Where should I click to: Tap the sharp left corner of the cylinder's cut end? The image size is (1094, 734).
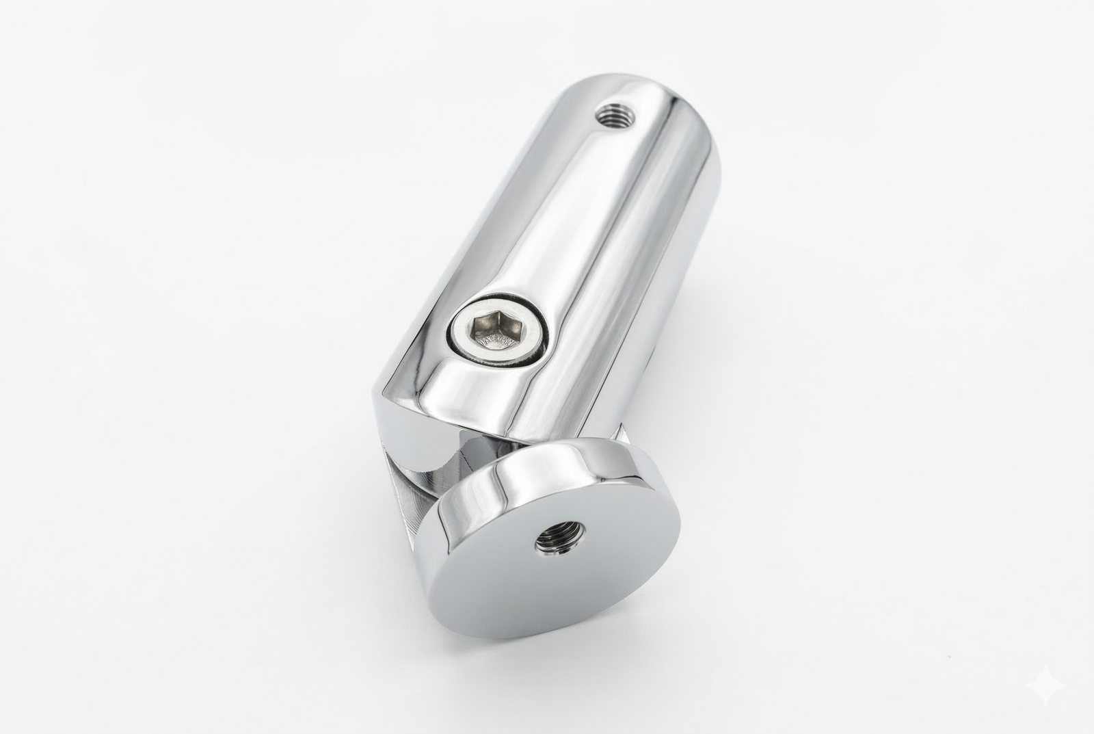376,397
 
